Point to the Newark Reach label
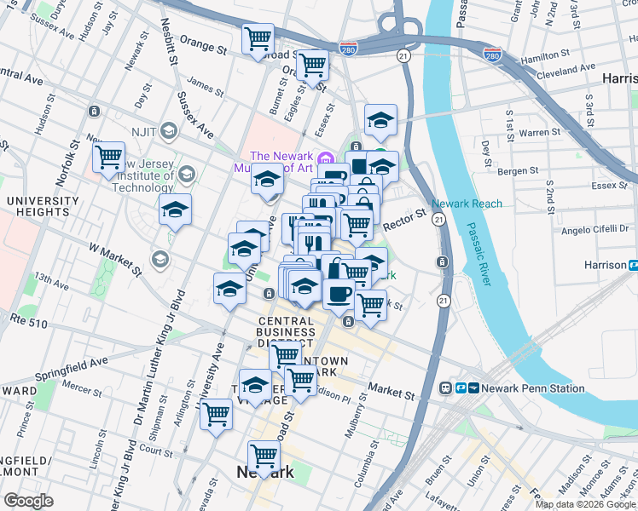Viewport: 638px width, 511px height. point(467,204)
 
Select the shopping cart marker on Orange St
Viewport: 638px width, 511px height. point(258,38)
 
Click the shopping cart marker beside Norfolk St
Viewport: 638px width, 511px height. point(108,157)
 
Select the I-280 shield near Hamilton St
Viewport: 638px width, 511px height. point(491,55)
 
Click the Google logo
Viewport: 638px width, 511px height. point(29,501)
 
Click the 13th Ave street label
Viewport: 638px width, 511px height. point(50,281)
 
